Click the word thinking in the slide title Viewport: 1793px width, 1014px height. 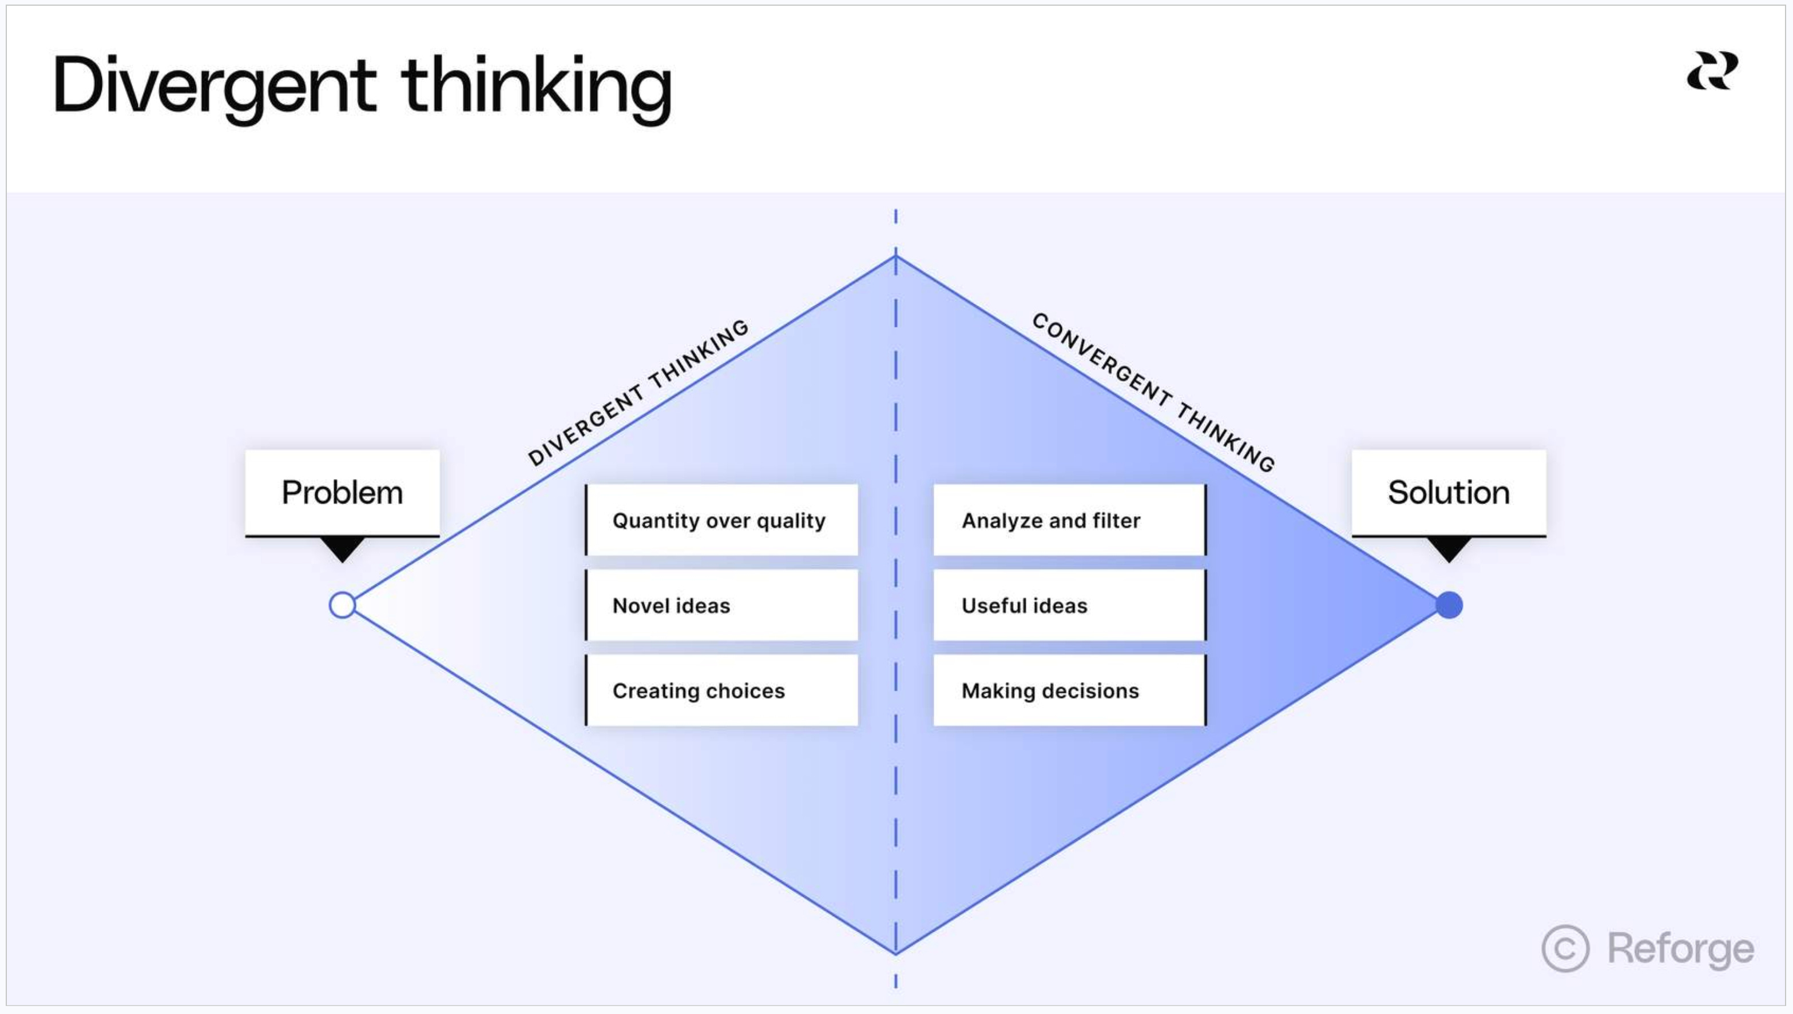coord(536,87)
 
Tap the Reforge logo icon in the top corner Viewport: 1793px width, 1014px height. coord(1711,71)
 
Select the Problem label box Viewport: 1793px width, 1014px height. coord(342,492)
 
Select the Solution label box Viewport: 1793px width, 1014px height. coord(1449,492)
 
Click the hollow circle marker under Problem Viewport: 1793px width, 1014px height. coord(342,605)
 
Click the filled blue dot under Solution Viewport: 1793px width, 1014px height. coord(1449,605)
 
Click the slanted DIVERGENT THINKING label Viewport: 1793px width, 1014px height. coord(638,393)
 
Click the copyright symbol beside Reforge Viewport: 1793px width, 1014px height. coord(1565,948)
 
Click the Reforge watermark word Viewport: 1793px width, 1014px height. coord(1680,948)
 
